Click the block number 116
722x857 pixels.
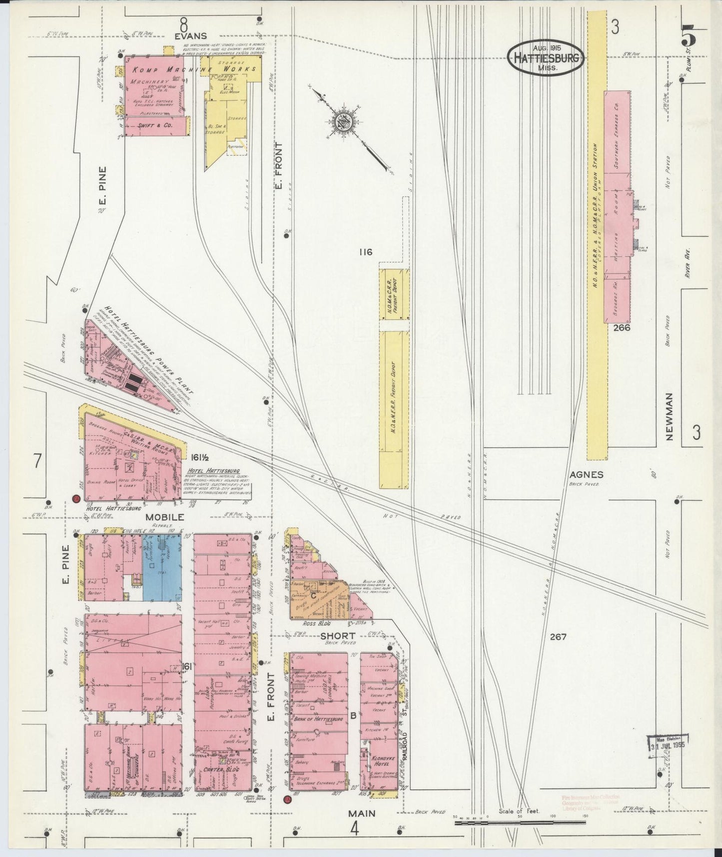[x=365, y=252]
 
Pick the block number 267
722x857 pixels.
[x=558, y=636]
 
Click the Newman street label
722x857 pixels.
[x=670, y=416]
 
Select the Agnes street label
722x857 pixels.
[x=586, y=475]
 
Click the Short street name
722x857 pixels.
[x=337, y=636]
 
